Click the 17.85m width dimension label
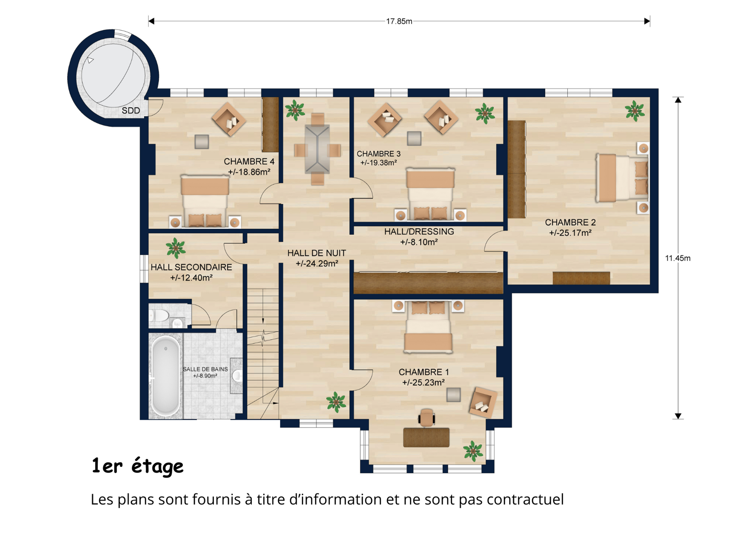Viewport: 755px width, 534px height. [399, 21]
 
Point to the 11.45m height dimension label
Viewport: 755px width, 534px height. [678, 258]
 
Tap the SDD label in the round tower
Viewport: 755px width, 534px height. [131, 110]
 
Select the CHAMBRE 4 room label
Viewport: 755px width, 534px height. [249, 162]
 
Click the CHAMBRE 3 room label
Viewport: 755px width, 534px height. [378, 154]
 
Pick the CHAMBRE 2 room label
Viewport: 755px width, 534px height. [570, 222]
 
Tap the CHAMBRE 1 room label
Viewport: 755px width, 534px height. [424, 372]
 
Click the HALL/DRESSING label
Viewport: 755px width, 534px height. [419, 231]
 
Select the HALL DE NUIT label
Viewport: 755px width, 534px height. [317, 253]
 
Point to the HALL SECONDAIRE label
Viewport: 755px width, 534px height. [191, 267]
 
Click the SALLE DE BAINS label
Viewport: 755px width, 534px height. [205, 369]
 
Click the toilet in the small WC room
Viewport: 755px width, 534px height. [159, 316]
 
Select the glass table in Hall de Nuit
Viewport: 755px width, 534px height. [317, 149]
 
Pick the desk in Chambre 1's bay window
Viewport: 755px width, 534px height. [426, 437]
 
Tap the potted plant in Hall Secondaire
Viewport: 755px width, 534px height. [176, 248]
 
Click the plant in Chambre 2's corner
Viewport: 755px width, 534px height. [635, 111]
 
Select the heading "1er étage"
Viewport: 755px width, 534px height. [137, 466]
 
